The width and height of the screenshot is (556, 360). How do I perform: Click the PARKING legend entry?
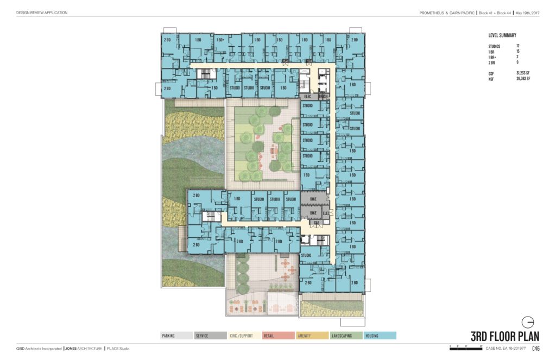pyautogui.click(x=176, y=336)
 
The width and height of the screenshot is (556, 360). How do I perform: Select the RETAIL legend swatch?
pyautogui.click(x=279, y=336)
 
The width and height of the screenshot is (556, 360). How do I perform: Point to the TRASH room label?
pyautogui.click(x=324, y=97)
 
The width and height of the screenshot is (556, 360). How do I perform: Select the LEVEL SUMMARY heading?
pyautogui.click(x=502, y=35)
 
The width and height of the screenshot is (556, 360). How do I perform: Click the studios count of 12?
pyautogui.click(x=518, y=46)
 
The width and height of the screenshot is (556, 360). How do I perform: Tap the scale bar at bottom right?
pyautogui.click(x=466, y=347)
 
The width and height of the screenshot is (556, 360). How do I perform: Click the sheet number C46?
pyautogui.click(x=535, y=349)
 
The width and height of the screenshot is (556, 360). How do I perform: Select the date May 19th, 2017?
pyautogui.click(x=526, y=12)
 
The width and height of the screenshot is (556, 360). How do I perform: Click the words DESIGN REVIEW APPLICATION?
pyautogui.click(x=42, y=12)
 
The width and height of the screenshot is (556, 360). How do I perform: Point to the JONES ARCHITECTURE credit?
pyautogui.click(x=83, y=348)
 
